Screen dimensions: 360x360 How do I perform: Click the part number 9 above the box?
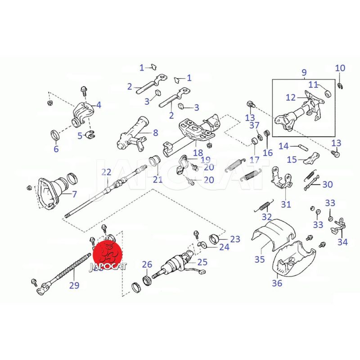[303, 72]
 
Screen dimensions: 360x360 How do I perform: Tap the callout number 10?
[340, 68]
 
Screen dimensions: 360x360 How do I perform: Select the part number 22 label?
[106, 171]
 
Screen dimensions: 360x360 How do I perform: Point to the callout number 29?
[74, 285]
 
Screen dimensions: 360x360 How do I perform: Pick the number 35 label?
[260, 259]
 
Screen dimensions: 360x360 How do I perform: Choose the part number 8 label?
[156, 133]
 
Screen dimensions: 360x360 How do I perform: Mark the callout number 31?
[286, 205]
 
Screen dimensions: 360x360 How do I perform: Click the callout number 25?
[202, 261]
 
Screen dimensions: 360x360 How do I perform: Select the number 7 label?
[75, 194]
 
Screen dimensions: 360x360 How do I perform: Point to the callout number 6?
[56, 149]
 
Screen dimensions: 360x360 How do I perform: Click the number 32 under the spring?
[267, 217]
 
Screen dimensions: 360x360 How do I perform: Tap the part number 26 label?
[148, 264]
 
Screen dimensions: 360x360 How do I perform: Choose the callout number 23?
[235, 239]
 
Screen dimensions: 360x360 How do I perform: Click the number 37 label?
[255, 125]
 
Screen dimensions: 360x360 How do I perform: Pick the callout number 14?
[283, 146]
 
